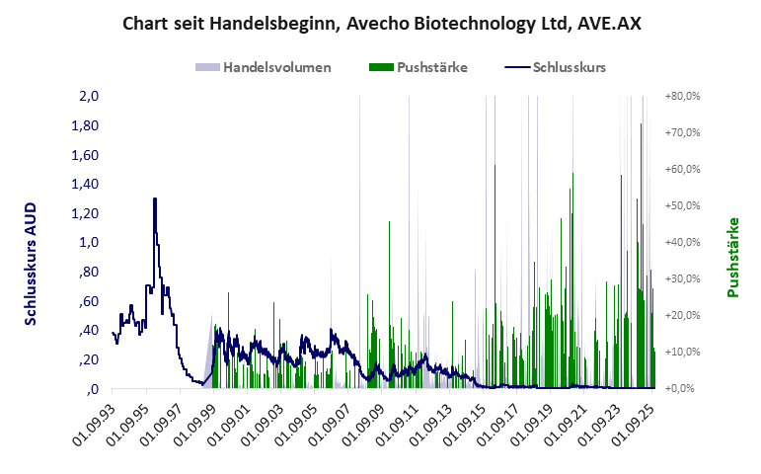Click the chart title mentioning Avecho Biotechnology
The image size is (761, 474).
(x=381, y=22)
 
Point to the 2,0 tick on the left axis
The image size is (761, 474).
(x=89, y=97)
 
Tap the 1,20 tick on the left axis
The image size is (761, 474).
(x=86, y=213)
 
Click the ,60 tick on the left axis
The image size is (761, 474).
(x=89, y=301)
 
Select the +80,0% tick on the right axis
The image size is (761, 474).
(x=682, y=97)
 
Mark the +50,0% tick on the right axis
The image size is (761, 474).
(x=682, y=206)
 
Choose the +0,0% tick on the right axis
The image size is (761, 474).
(x=682, y=389)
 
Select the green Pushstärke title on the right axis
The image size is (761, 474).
(x=732, y=257)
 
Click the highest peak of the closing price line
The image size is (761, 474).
(x=155, y=198)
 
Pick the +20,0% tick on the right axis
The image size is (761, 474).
(x=682, y=316)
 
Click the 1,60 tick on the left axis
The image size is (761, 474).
(x=86, y=155)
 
